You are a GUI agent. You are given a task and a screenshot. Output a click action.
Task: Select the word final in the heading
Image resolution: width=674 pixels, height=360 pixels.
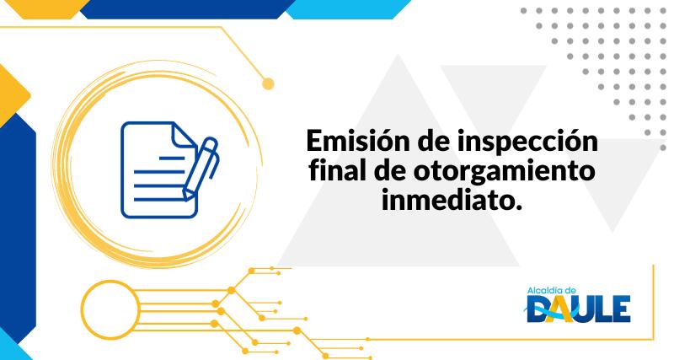tap(337, 171)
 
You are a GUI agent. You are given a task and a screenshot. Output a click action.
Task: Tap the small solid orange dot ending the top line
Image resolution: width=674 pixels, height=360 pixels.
tap(269, 83)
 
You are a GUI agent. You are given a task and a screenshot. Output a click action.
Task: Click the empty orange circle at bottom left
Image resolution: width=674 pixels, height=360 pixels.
tap(109, 302)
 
